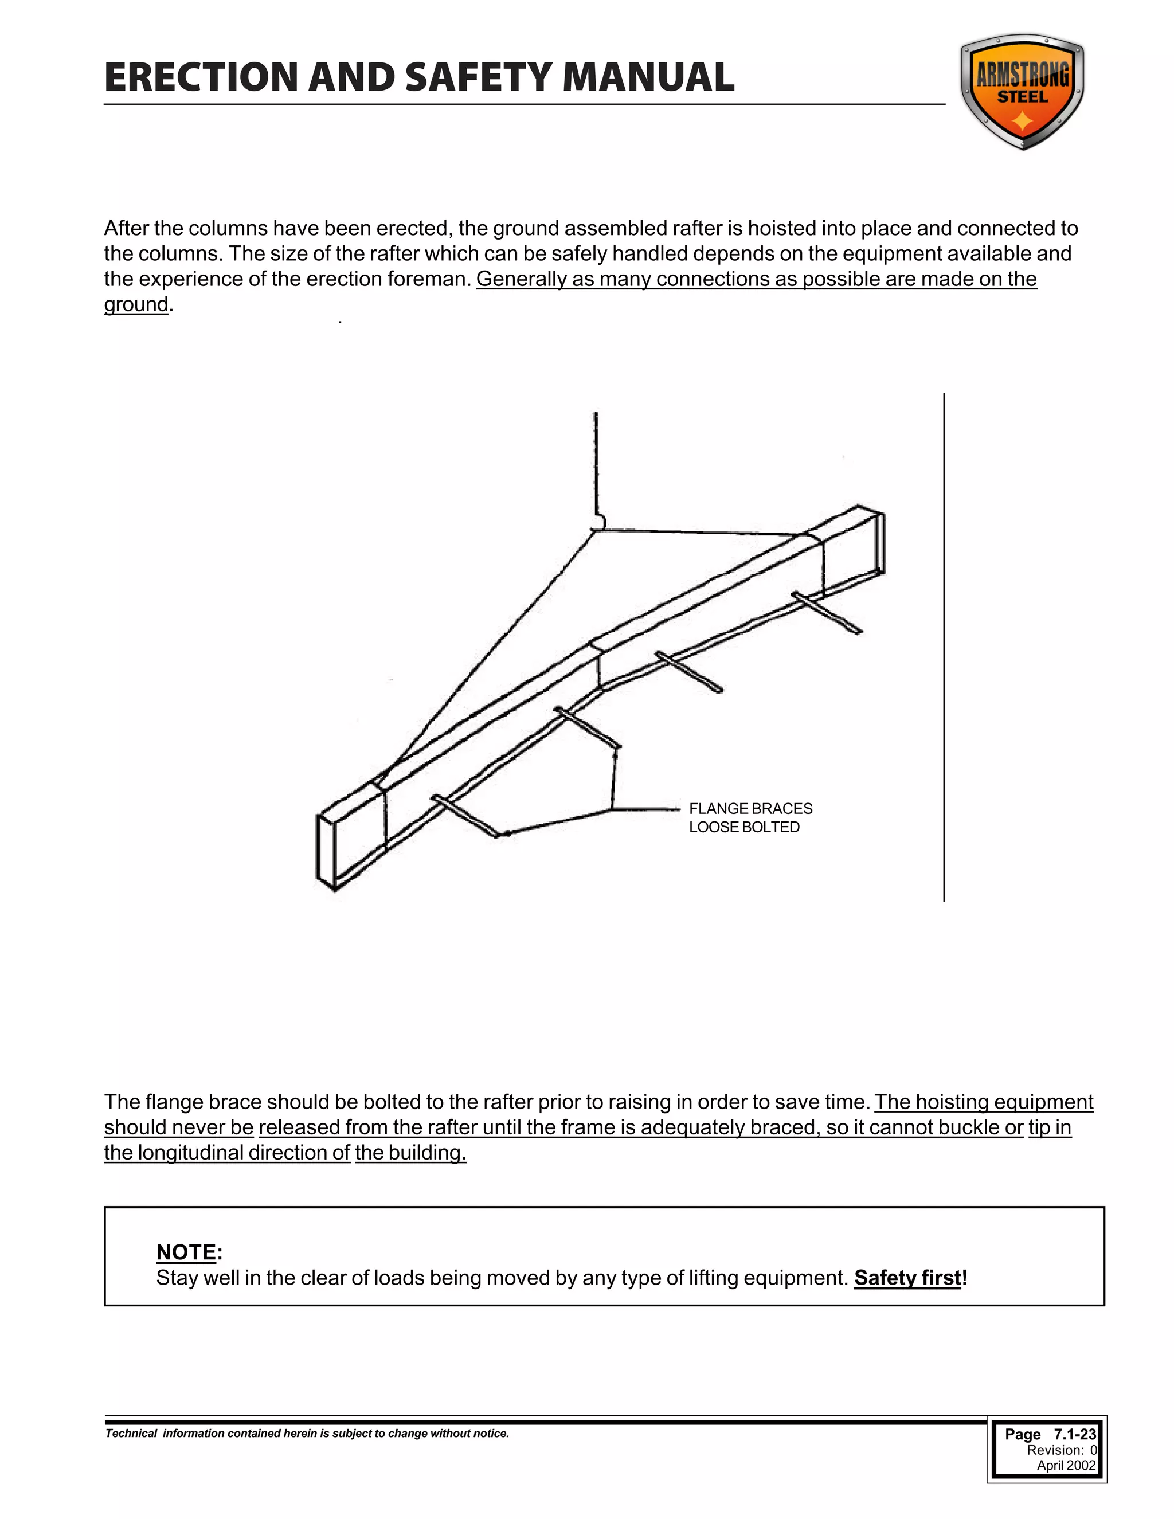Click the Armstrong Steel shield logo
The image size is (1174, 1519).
click(x=1022, y=91)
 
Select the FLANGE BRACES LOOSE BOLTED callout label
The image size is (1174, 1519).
click(x=750, y=818)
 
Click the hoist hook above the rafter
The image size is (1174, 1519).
click(x=600, y=522)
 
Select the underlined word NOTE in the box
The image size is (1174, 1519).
click(x=186, y=1252)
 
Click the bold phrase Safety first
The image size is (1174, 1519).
click(x=907, y=1278)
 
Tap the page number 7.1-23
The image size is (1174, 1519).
click(x=1075, y=1434)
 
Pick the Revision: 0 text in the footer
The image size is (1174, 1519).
click(x=1061, y=1450)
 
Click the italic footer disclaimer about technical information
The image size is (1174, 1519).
click(x=307, y=1434)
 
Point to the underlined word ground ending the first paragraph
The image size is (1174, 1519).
click(x=136, y=304)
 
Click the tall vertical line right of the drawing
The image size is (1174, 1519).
click(x=944, y=647)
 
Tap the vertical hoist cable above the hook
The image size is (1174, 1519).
click(x=596, y=459)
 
